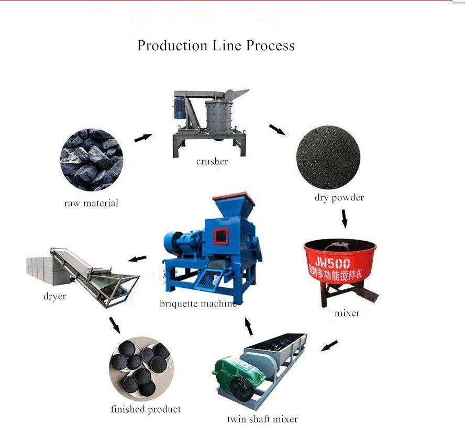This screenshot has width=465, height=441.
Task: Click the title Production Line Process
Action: point(216,46)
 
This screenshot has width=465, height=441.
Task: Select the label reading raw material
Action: point(91,203)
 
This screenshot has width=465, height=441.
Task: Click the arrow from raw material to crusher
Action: point(142,138)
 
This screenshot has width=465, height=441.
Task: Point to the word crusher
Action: point(212,161)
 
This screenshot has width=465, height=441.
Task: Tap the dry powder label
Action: point(339,198)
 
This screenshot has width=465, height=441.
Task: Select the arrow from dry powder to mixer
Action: point(344,218)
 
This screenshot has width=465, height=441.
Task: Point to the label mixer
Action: point(347,313)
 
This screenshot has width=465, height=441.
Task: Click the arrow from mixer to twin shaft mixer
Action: point(329,346)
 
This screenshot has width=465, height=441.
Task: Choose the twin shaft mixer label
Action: point(262,419)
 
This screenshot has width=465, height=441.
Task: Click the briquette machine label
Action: point(198,303)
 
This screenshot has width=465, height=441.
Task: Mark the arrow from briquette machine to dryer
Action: point(138,258)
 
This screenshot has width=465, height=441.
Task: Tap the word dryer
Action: point(54,297)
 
